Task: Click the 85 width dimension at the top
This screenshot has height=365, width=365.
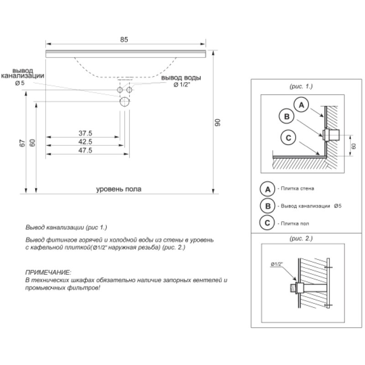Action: [x=124, y=40]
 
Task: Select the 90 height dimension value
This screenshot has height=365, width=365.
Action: [x=218, y=122]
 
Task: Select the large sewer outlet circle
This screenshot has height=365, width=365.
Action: [x=125, y=101]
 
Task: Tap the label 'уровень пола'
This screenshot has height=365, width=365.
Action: [x=119, y=189]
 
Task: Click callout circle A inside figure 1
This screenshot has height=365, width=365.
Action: [x=301, y=105]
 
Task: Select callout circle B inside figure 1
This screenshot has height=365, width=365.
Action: [x=286, y=116]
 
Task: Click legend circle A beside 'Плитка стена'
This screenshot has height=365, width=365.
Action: [x=267, y=188]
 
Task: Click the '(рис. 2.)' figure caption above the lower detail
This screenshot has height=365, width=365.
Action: [x=301, y=239]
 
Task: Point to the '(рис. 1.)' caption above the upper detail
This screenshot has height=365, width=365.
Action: [x=301, y=86]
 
